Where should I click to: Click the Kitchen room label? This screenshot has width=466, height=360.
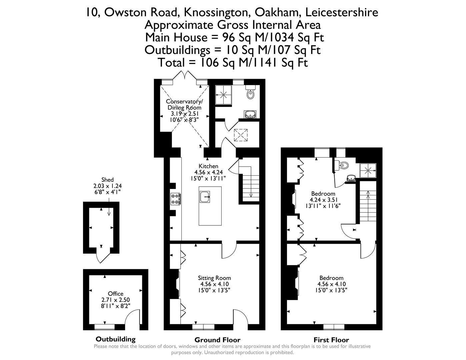coord(208,166)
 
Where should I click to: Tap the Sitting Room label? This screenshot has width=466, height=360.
coord(214,278)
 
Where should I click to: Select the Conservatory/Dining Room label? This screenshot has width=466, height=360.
coord(184,104)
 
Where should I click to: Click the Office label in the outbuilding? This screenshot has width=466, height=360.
coord(116,294)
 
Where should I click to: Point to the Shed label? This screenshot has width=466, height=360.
coord(107,180)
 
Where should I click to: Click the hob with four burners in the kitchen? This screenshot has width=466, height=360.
coord(176,199)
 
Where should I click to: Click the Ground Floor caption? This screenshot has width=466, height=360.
coord(217,340)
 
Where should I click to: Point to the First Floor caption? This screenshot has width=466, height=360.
coord(331,340)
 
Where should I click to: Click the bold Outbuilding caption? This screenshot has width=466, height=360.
coord(116,339)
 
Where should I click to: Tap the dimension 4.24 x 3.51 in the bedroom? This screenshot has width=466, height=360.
coord(323,200)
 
